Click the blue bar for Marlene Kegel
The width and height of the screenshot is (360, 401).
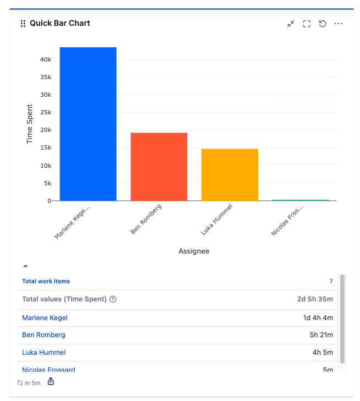click(x=88, y=124)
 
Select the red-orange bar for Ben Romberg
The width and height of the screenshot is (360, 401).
click(x=159, y=167)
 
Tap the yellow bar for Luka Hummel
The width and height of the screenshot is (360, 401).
click(x=230, y=174)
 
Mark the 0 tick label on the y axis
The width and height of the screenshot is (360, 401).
click(x=48, y=201)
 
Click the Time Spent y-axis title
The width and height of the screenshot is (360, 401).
click(x=30, y=124)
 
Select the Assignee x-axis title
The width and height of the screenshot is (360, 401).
click(x=194, y=251)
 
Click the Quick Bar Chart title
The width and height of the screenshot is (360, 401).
click(x=60, y=23)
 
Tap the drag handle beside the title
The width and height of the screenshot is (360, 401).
click(x=23, y=24)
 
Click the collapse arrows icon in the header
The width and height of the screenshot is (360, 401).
click(x=291, y=24)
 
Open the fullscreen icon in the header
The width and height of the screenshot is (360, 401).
click(x=307, y=24)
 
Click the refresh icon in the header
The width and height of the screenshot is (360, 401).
click(x=323, y=24)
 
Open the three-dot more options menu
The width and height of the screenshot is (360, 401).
click(x=339, y=24)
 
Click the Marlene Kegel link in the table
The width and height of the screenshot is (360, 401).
click(x=45, y=318)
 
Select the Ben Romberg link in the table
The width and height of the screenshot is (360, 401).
click(x=43, y=335)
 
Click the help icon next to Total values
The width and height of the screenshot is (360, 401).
click(x=113, y=299)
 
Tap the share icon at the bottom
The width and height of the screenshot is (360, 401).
click(x=51, y=382)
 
